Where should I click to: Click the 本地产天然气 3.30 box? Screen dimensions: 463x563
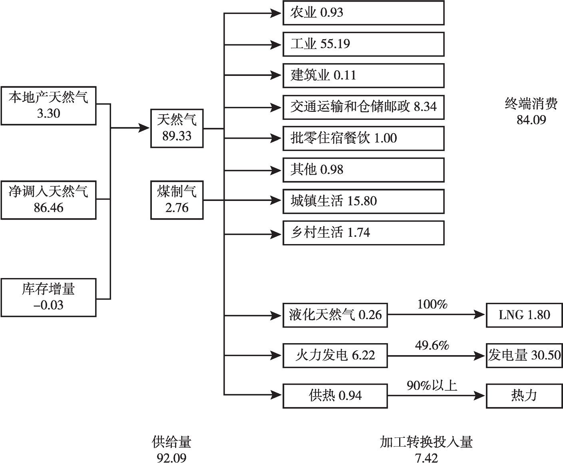point(48,105)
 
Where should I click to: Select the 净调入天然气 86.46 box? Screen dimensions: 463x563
point(48,200)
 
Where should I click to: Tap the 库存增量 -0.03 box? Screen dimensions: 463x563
point(48,297)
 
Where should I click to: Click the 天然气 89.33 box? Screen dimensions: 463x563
point(177,128)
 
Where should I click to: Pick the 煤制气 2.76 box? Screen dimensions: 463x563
point(177,200)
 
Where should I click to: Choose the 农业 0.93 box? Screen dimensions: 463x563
point(363,13)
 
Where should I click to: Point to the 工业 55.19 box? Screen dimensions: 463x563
point(363,44)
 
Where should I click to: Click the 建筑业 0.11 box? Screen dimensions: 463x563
point(363,76)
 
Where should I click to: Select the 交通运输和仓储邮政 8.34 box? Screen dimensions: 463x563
point(363,107)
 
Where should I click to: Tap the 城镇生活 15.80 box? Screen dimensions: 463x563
point(363,201)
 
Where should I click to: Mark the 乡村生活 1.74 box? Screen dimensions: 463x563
point(363,232)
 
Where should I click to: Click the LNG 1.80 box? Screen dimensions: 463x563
point(524,315)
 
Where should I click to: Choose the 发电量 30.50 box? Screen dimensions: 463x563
point(524,355)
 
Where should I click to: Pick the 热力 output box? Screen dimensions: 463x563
point(524,395)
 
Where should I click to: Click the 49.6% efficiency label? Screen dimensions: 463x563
point(432,345)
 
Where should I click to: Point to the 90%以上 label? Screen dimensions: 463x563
point(432,386)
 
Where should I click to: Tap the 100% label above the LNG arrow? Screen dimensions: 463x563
point(432,304)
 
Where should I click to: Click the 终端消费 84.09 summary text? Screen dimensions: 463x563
point(531,112)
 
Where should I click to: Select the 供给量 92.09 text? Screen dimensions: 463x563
point(171,449)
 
